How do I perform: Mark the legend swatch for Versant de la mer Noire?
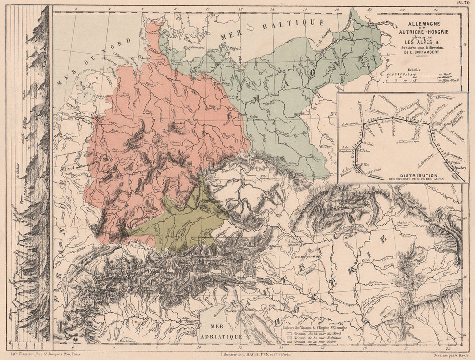(289, 342)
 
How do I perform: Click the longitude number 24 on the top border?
(436, 9)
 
